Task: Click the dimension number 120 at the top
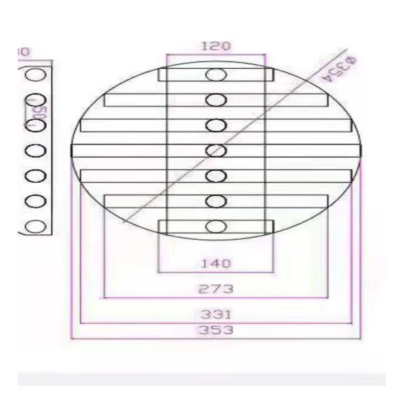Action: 215,46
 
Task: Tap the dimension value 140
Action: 215,263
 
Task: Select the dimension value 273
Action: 215,289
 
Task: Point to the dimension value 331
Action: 215,314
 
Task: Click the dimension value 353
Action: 215,330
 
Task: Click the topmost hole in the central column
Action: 215,75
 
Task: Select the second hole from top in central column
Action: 215,100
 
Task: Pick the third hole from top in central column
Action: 215,125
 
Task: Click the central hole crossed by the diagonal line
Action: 215,149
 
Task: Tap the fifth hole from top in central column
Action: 215,175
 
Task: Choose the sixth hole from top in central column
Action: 215,200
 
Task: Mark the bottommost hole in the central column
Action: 215,226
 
